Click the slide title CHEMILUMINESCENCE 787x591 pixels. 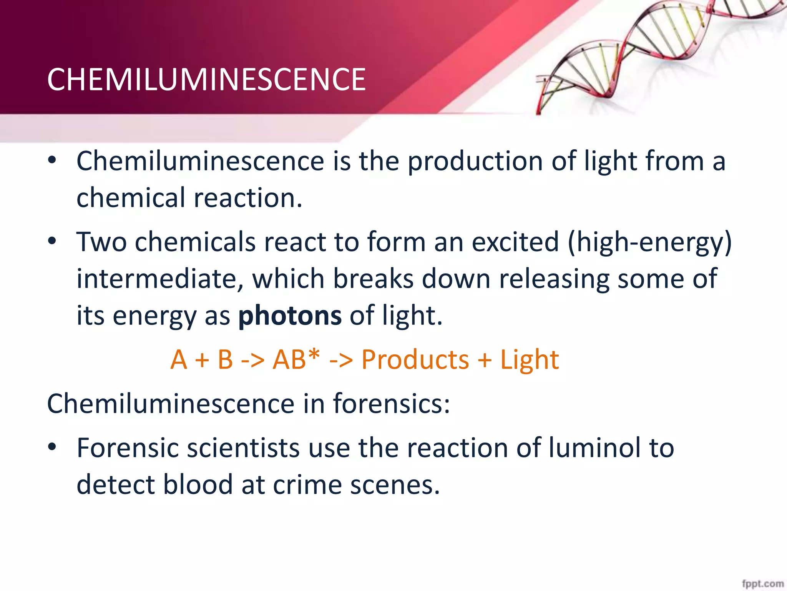click(x=206, y=80)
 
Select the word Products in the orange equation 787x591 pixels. click(x=415, y=360)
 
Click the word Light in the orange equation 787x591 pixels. click(x=529, y=360)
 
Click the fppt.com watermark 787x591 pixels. click(x=762, y=583)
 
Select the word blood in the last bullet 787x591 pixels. click(x=198, y=484)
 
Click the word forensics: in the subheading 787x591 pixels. click(x=391, y=404)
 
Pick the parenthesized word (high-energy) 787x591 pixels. click(x=649, y=242)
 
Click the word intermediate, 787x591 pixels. click(x=160, y=279)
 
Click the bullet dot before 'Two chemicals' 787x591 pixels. click(x=52, y=242)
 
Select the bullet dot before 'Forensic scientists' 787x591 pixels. click(x=52, y=447)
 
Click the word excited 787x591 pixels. click(x=515, y=242)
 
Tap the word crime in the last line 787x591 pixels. click(x=307, y=484)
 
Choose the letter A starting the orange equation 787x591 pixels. click(x=179, y=360)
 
